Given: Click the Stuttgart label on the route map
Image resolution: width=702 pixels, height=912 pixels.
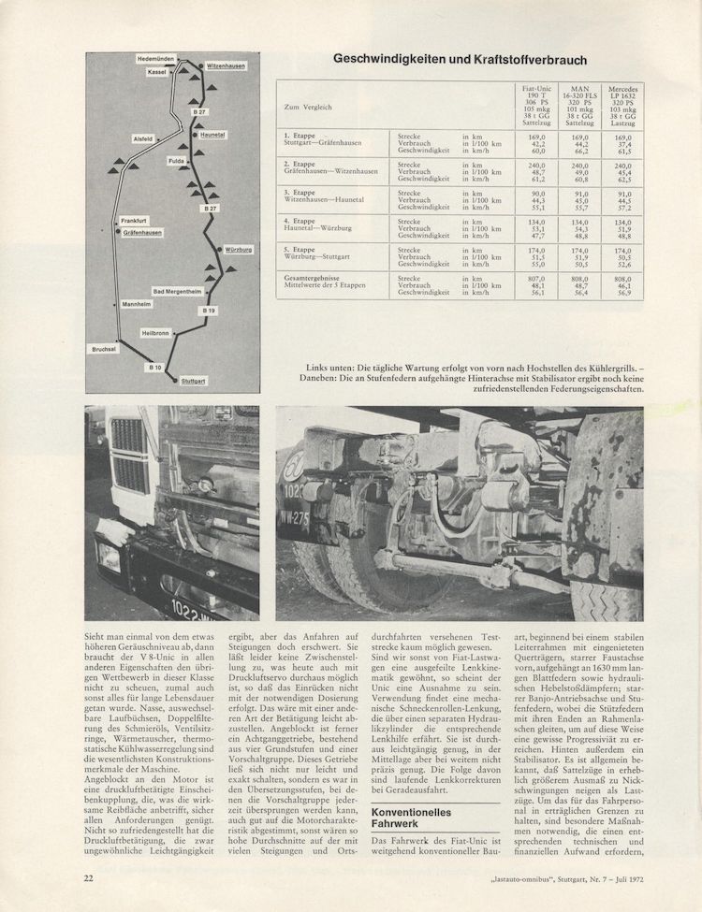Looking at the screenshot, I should tap(195, 382).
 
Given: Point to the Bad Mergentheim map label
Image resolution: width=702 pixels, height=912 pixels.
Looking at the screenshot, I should tap(178, 292).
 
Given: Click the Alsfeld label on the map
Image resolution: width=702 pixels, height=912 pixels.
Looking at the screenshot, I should tap(143, 138).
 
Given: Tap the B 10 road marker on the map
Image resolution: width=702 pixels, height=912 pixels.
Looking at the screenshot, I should tap(154, 369).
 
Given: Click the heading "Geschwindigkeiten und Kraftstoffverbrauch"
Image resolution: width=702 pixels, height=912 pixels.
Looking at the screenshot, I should tap(461, 60).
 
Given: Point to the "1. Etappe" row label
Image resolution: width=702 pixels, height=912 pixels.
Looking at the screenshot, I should tap(301, 136).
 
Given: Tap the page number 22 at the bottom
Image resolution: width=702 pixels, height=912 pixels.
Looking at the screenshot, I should tap(87, 876).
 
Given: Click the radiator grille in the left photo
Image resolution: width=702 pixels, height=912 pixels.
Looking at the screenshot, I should tap(128, 458).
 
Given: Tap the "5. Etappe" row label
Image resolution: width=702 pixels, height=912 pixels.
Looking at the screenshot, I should tap(301, 250).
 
